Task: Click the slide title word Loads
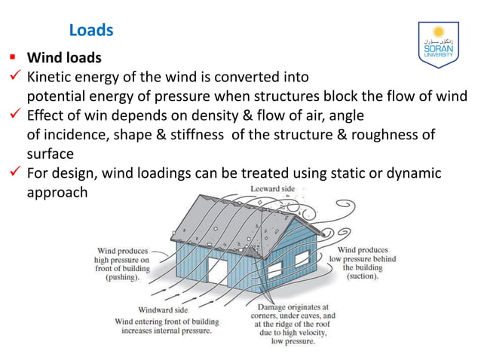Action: point(90,30)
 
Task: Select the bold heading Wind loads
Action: point(64,58)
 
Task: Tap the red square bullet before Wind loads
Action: point(13,57)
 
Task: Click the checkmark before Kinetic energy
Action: point(14,77)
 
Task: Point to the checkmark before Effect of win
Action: point(14,116)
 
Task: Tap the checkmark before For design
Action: point(14,174)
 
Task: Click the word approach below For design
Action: point(57,193)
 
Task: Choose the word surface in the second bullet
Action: point(51,154)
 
